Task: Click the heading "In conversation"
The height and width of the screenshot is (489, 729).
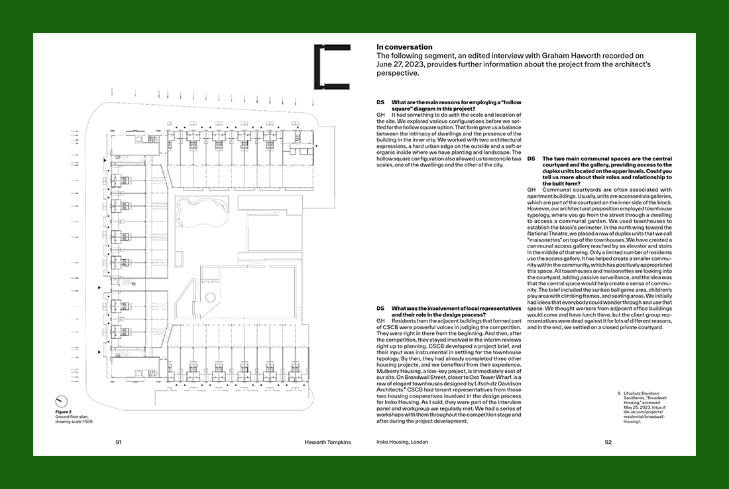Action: (x=404, y=47)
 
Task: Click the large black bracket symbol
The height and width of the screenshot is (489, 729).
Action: (x=331, y=66)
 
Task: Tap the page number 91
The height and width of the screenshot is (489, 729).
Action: (x=118, y=442)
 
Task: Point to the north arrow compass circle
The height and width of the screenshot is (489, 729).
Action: (x=61, y=401)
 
